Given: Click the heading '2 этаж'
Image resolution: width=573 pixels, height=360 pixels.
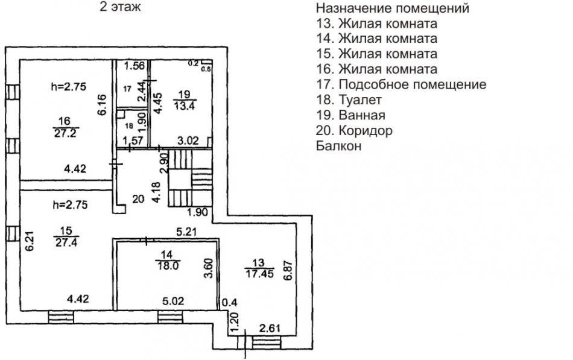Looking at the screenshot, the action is pos(120,7).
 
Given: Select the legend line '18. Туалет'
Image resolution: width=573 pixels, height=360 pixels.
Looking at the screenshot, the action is pos(349,99).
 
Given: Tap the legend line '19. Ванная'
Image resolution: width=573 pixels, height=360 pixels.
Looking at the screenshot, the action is pos(351,115).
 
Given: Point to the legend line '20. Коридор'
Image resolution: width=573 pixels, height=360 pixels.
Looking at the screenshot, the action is pos(355,130).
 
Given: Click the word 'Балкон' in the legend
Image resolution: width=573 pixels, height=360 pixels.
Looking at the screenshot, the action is pos(339,146).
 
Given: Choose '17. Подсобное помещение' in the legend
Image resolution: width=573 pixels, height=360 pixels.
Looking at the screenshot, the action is pos(401,84).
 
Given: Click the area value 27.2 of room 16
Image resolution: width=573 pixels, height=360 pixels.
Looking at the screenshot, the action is pos(65,133).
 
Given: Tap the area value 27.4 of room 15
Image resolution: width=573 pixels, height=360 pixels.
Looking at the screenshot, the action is pos(67,242).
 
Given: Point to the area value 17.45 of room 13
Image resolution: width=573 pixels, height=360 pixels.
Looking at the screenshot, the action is pos(259,273).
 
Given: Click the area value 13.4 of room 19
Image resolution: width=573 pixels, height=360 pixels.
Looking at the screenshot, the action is pos(185,106).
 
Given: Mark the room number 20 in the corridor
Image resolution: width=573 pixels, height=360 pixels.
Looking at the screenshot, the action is pos(138,200).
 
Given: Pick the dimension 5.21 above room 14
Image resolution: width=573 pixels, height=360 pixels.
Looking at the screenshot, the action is pos(187,232).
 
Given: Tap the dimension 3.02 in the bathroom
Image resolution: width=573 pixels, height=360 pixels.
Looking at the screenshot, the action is pos(188,141).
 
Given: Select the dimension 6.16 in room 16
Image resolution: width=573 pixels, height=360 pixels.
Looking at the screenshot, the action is pos(102,105).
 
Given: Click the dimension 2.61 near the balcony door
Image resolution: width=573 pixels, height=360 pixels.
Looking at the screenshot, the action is pos(270,328).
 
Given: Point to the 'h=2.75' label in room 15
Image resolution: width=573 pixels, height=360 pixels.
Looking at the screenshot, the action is pos(70,204).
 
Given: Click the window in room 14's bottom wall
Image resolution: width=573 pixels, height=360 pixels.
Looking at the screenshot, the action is pos(170,317).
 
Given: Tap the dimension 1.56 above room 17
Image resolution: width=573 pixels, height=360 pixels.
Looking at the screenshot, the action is pos(134,66).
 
